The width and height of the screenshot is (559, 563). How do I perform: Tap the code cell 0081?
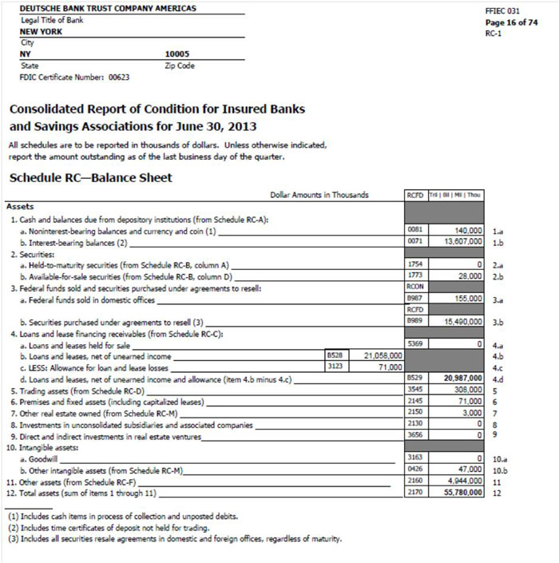pos(414,229)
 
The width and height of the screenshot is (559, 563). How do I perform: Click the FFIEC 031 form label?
pos(502,11)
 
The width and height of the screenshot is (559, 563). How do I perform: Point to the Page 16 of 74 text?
pos(511,22)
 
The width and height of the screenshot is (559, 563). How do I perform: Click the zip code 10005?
pos(177,54)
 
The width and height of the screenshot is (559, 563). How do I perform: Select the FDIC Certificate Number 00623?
pos(119,77)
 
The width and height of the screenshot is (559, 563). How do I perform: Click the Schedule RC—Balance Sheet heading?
pos(90,177)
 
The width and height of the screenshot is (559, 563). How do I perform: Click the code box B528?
pos(335,355)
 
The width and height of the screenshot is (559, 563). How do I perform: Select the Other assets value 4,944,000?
pos(461,483)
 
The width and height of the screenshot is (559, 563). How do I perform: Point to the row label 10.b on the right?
pos(501,472)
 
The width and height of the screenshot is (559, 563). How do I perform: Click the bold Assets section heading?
pos(20,206)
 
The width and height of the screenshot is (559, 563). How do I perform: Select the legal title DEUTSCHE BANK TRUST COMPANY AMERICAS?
pos(107,9)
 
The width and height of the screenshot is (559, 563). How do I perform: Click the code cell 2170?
pos(414,494)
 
